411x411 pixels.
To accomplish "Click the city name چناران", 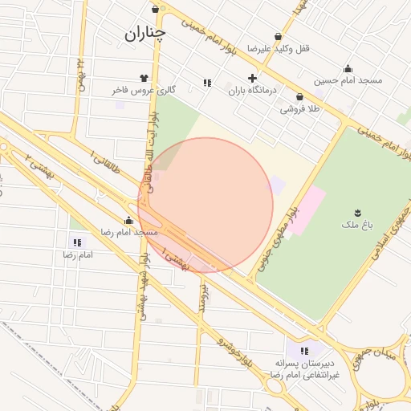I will coord(144,34).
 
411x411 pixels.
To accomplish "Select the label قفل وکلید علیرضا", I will coord(278,48).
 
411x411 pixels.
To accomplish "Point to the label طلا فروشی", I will coord(299,109).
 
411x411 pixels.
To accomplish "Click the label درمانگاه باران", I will coord(252,91).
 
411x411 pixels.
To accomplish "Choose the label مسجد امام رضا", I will coord(128,232).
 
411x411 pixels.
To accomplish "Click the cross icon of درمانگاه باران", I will coord(253,79).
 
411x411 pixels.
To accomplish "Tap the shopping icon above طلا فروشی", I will coord(299,97).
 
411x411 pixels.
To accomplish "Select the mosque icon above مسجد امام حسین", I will coord(348,69).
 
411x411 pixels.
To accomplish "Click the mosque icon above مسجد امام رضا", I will coord(128,220).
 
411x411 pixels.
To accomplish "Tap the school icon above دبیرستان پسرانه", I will coord(303,351).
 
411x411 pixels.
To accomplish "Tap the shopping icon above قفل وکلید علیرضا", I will coord(278,36).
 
